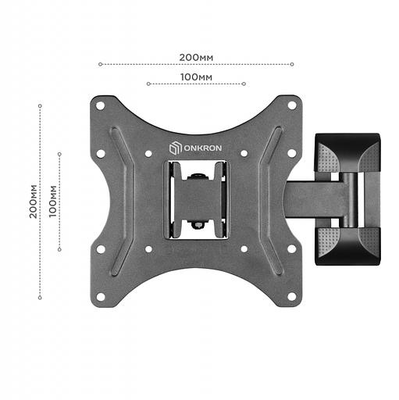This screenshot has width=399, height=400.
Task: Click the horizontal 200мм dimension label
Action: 196,58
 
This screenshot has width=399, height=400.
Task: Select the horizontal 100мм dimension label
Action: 196,77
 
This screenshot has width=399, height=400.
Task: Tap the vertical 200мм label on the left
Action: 33,201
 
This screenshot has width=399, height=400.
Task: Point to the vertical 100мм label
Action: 52,201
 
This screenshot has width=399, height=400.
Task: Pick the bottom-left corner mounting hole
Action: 100,296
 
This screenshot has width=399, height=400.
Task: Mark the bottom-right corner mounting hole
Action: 291,296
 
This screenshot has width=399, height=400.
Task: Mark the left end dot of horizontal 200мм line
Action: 100,65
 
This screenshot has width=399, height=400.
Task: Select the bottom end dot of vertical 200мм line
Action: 40,297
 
